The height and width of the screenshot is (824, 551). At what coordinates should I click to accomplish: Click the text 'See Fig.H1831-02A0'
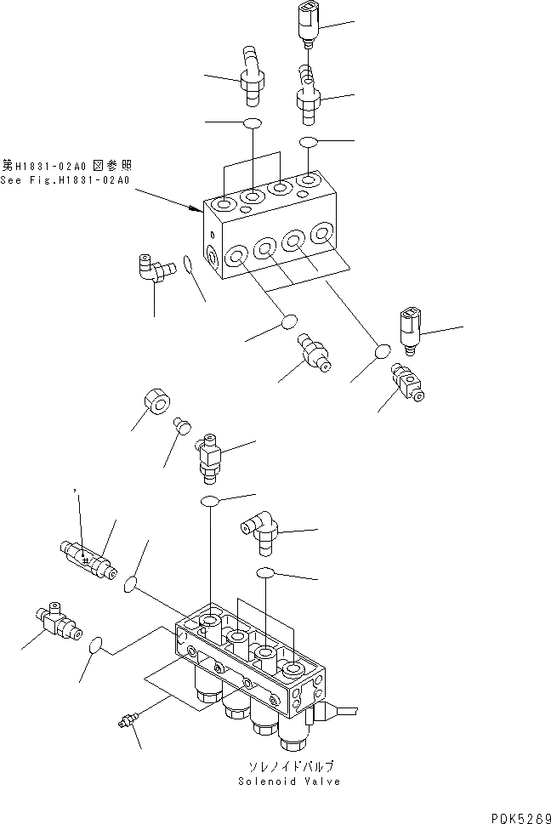click(x=65, y=180)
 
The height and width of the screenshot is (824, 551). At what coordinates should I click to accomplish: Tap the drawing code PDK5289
click(x=514, y=814)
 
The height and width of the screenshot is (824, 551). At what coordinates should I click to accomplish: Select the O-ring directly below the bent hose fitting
click(x=253, y=124)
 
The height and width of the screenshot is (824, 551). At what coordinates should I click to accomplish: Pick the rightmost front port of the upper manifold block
click(x=321, y=233)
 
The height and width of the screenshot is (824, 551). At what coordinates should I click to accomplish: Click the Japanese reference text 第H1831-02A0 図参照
click(x=65, y=166)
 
